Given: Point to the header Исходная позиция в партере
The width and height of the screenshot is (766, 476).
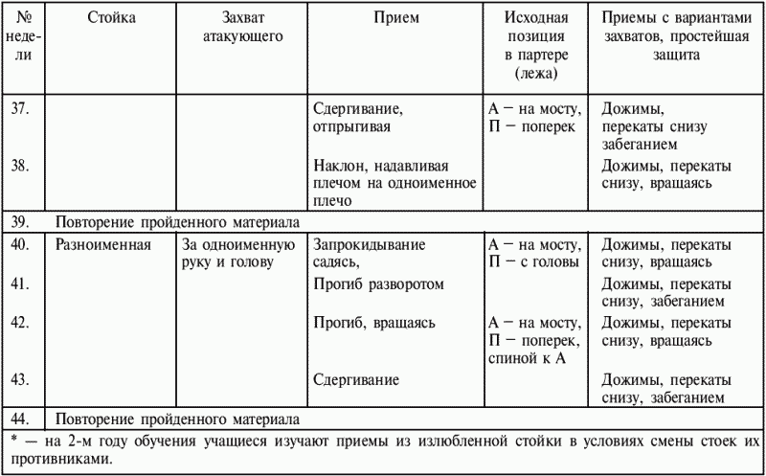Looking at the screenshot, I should (535, 36).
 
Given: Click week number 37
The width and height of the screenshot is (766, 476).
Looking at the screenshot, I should (19, 107).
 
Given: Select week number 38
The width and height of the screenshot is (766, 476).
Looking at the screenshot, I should (19, 165).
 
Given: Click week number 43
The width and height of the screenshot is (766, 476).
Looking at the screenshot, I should (19, 379).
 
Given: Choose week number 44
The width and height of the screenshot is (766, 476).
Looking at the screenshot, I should (19, 419).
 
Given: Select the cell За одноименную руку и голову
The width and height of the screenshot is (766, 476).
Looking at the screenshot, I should (225, 253).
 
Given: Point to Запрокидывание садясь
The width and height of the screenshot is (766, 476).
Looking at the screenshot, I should (370, 253).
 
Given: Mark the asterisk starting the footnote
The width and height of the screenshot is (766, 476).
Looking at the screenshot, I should (11, 440).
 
